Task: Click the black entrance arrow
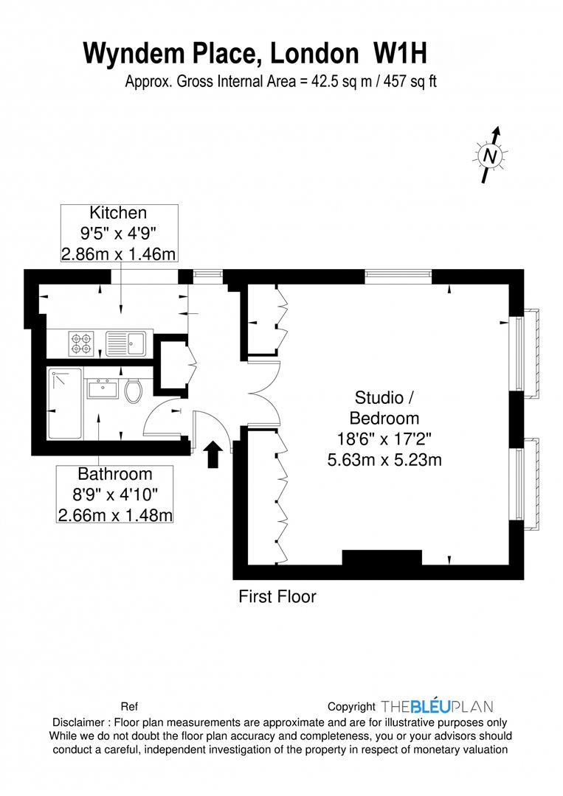213,454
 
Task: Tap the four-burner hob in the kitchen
80,342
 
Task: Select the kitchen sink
126,342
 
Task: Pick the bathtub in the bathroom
64,404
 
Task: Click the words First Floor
277,596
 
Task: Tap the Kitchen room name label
118,213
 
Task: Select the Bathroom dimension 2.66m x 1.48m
115,514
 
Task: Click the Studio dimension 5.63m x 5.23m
384,460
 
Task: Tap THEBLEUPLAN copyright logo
437,706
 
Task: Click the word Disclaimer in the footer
78,722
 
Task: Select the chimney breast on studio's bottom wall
381,559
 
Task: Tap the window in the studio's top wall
398,276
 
